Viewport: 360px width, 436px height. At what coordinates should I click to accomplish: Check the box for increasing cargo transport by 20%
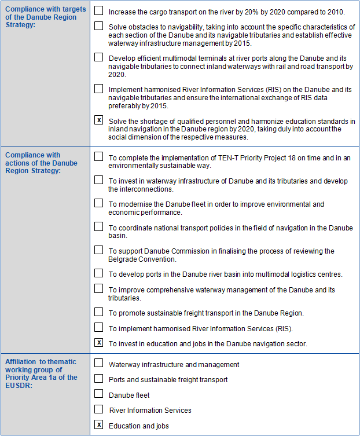click(99, 10)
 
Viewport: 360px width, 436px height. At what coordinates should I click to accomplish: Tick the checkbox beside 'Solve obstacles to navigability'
click(99, 26)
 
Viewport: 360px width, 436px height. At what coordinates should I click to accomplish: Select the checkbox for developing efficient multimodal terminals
click(99, 57)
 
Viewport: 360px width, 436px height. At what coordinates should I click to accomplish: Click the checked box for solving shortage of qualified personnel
click(99, 120)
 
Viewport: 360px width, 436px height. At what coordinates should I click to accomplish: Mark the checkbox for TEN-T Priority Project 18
click(99, 156)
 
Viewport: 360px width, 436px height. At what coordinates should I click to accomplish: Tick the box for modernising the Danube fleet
click(99, 203)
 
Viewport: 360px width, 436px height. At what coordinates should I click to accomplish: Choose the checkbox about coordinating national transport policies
click(99, 226)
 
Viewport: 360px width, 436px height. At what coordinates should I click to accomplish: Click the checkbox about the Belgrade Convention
click(99, 250)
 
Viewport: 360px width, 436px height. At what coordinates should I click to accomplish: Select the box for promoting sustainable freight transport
click(99, 312)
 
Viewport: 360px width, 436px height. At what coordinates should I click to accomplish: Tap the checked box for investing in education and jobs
click(99, 343)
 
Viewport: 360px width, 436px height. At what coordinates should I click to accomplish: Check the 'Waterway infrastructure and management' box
click(99, 364)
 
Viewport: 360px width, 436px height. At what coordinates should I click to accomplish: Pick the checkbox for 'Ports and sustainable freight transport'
click(99, 379)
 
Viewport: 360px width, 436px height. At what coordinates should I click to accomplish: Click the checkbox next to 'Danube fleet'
click(99, 394)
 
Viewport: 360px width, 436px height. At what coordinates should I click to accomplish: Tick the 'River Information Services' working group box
click(99, 409)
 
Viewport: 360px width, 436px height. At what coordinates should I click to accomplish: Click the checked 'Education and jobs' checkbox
click(99, 425)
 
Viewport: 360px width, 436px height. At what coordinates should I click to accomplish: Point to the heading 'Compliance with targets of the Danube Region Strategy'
click(45, 17)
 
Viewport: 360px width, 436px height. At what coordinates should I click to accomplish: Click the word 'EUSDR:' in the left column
click(19, 385)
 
